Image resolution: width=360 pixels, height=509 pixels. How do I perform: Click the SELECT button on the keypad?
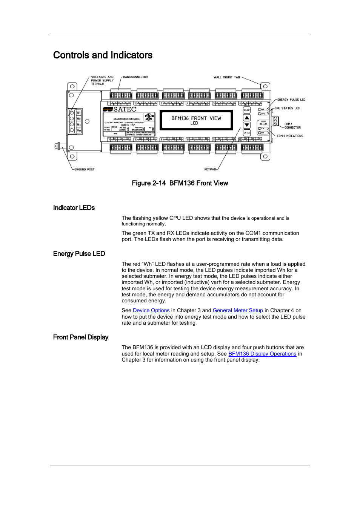tap(247, 110)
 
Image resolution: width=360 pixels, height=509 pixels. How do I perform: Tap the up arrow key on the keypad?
tap(247, 118)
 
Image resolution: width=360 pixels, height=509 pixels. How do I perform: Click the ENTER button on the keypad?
tap(247, 133)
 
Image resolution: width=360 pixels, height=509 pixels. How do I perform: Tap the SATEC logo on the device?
tap(120, 109)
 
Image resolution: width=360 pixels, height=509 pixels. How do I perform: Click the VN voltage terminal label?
tap(79, 130)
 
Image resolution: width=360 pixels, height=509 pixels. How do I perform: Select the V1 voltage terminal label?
tap(79, 113)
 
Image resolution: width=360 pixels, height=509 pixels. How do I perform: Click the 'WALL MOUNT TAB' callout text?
tap(226, 77)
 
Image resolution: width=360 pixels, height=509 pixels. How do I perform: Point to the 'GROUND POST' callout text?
tap(85, 170)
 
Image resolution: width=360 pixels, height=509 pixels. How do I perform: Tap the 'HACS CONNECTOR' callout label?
tap(135, 77)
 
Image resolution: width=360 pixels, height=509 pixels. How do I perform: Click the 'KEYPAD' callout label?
tap(210, 170)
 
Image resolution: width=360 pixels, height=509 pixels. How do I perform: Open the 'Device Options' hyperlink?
tap(151, 311)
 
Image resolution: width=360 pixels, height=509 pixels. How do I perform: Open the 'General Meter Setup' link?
tap(238, 311)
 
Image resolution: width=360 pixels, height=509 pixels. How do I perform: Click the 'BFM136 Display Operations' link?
tap(262, 354)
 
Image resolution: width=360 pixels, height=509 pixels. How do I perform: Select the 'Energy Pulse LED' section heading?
tap(79, 254)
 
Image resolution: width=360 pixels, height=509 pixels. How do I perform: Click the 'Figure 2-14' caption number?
tap(149, 183)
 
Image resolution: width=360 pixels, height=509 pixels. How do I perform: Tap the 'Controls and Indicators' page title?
tap(103, 55)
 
